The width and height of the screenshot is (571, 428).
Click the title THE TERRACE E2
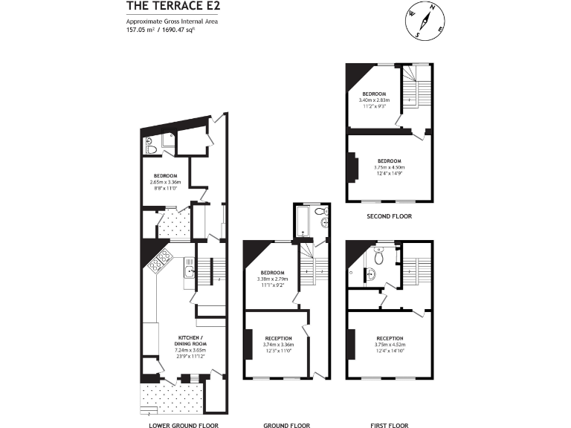click(x=172, y=7)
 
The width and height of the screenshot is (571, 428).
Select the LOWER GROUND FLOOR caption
click(x=184, y=426)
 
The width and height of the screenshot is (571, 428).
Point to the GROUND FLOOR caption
click(x=287, y=426)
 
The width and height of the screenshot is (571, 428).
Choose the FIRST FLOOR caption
click(x=390, y=426)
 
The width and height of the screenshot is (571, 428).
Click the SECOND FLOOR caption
click(x=390, y=216)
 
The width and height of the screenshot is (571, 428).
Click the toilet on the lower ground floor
click(x=151, y=149)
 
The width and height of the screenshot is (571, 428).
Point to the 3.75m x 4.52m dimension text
click(x=390, y=345)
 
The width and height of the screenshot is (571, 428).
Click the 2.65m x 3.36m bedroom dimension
click(x=166, y=182)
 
